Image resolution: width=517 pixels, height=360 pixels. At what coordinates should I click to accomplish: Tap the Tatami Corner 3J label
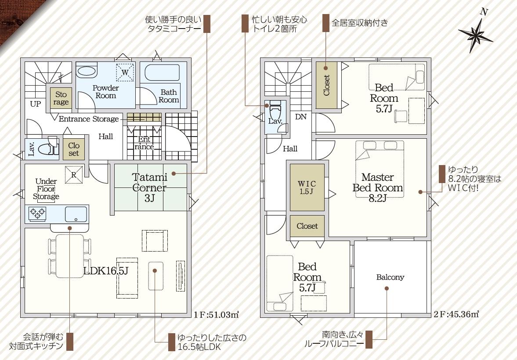[150, 187]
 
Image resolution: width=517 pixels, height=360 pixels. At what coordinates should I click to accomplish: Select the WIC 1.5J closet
[307, 187]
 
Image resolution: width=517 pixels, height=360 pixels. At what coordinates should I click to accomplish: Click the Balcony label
[390, 277]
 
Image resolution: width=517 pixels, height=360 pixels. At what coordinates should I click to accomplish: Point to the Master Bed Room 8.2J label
[377, 187]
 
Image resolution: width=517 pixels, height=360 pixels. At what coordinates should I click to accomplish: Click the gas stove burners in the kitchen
[37, 213]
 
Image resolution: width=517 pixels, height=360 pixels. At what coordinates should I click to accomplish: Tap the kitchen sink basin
[76, 214]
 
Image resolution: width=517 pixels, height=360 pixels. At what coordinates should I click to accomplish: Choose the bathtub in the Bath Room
[162, 72]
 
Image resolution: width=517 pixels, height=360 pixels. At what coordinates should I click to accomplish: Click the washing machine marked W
[125, 72]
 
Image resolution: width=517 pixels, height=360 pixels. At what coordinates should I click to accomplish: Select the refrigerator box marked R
[74, 175]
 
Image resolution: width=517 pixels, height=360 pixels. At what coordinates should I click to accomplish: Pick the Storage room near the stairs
[61, 98]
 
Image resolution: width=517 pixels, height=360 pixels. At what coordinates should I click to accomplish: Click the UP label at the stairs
[35, 104]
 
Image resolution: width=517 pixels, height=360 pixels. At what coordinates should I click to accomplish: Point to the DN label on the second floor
[301, 117]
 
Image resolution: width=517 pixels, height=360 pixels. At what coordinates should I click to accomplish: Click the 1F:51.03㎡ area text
[216, 314]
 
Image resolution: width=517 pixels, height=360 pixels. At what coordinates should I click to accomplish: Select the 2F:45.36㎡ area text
[456, 314]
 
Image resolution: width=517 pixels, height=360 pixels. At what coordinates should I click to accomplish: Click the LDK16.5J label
[105, 271]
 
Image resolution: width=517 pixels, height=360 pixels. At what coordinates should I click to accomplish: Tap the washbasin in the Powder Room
[87, 71]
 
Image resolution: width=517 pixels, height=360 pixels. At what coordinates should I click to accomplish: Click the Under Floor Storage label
[46, 189]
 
